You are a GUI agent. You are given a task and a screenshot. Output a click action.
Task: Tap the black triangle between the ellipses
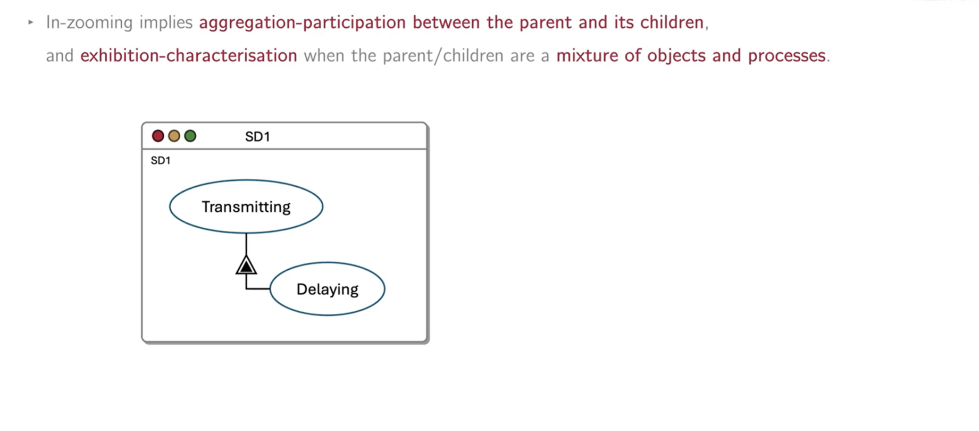(246, 265)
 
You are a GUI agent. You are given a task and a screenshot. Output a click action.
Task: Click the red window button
(158, 136)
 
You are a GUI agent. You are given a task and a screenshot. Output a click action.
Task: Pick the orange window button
(174, 136)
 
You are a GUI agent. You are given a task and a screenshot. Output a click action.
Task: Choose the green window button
(190, 136)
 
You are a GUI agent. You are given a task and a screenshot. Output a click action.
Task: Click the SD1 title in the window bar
(257, 137)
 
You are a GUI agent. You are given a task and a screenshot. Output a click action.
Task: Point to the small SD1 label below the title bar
(161, 161)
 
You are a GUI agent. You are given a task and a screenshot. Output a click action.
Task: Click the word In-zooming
(89, 23)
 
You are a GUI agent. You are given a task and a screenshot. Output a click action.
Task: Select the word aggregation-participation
(303, 23)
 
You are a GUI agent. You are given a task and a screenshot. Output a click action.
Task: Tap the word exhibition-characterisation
(189, 55)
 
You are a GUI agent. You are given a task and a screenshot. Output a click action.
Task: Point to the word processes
(786, 56)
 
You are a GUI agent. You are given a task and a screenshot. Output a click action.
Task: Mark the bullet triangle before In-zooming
(31, 22)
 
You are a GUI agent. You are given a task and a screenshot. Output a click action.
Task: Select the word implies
(166, 23)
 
